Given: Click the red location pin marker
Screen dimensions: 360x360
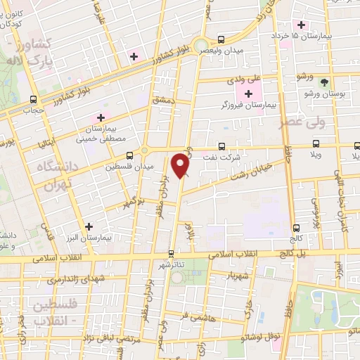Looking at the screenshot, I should (x=182, y=165).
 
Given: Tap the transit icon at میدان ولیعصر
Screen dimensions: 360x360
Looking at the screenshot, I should (x=221, y=39).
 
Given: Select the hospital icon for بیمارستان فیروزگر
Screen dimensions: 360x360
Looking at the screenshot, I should (x=248, y=94).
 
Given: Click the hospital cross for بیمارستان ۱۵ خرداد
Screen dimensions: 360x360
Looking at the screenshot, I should (x=301, y=25).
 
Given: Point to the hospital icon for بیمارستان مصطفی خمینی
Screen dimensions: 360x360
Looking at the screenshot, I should (x=101, y=118).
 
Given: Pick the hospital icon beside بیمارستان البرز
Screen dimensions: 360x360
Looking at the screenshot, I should (x=89, y=227).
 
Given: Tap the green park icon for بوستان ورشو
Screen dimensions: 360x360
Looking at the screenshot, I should (x=325, y=82).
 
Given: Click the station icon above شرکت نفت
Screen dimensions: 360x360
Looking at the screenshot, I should (x=222, y=147).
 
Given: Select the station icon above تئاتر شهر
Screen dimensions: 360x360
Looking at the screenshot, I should (x=172, y=252).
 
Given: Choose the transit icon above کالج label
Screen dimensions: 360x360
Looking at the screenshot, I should (x=296, y=227).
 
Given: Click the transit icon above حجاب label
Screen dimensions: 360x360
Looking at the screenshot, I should (x=33, y=99).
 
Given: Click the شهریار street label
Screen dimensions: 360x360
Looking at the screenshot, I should (x=236, y=276).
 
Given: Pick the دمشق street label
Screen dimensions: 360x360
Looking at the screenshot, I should (x=162, y=101).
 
